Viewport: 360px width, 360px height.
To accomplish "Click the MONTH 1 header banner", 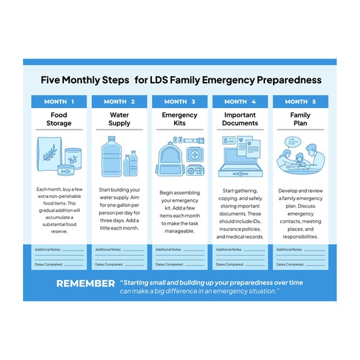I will [59, 101].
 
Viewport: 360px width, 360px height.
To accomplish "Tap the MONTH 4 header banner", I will [240, 101].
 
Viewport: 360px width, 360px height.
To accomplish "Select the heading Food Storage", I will [59, 120].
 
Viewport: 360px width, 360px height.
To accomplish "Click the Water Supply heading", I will [120, 120].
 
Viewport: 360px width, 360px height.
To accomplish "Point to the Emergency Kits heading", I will [179, 120].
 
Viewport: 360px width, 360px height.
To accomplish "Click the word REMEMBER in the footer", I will [86, 283].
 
